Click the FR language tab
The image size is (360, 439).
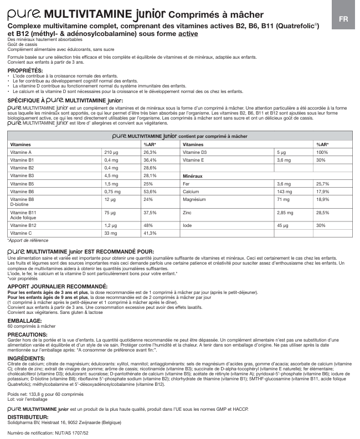tap(343, 18)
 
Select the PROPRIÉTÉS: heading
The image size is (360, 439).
tap(25, 71)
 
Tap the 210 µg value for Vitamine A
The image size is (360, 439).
tap(112, 152)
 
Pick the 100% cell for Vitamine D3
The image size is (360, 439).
tap(322, 152)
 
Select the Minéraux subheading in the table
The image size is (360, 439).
tap(193, 175)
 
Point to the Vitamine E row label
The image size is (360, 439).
tap(193, 159)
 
